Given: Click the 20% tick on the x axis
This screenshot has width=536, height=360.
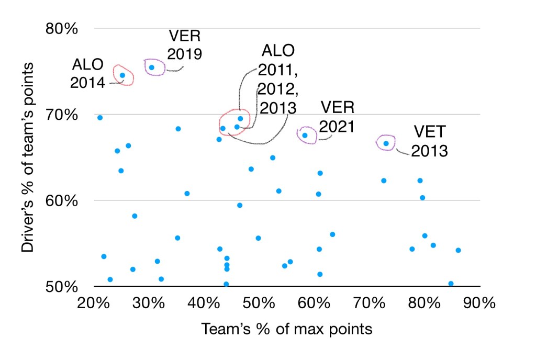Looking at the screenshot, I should pos(93,304).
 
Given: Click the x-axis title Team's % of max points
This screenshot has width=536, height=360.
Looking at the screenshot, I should pos(286,329).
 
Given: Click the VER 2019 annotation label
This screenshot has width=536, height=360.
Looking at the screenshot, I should pos(185,45).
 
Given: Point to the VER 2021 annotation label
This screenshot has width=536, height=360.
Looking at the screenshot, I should pos(338,117).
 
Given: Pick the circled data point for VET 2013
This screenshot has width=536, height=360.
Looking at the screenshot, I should pos(386,143).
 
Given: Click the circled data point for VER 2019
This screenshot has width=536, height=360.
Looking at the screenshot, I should pos(152,67).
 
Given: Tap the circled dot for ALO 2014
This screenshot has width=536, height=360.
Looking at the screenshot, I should pos(122,75).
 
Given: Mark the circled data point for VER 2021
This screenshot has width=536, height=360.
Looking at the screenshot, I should pos(305,136).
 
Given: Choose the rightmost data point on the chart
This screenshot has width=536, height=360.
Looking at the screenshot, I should pos(458,250).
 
